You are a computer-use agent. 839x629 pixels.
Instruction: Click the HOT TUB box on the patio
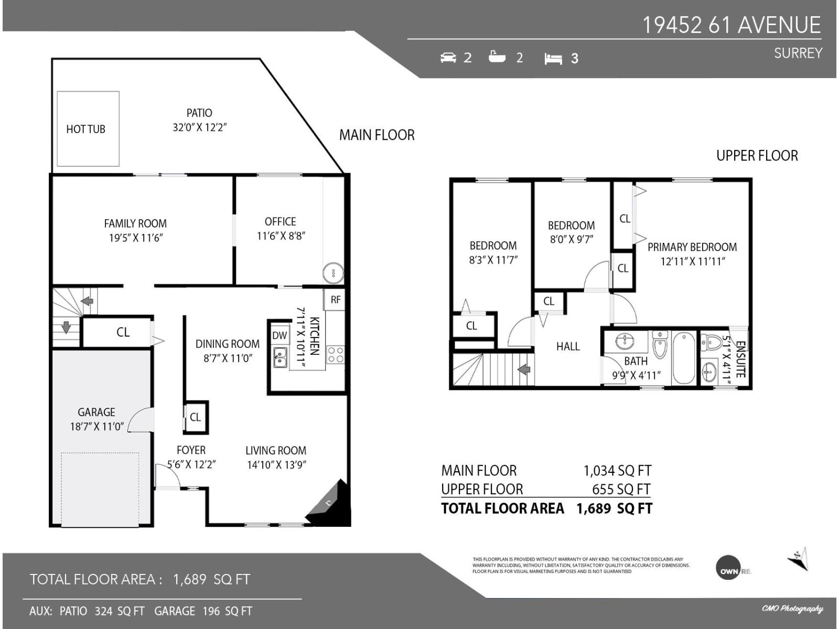[88, 129]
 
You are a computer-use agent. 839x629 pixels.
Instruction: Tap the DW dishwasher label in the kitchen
[279, 335]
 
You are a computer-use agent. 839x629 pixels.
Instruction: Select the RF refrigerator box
[335, 300]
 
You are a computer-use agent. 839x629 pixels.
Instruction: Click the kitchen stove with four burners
[335, 355]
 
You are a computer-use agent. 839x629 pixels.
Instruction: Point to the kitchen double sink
[280, 357]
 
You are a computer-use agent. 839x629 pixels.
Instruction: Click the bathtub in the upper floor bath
[683, 358]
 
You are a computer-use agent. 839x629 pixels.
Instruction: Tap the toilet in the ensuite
[712, 342]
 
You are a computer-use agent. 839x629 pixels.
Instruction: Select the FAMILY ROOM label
[135, 224]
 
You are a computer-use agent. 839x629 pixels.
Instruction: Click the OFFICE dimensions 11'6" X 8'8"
[281, 236]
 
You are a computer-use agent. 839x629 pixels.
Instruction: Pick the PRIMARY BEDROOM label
[692, 247]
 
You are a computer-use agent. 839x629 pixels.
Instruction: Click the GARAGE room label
[96, 412]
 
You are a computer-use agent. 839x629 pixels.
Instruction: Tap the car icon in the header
[448, 58]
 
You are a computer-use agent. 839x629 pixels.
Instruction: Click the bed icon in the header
[553, 59]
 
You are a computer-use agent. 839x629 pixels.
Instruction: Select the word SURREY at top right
[798, 53]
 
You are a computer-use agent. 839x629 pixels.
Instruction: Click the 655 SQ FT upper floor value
[621, 489]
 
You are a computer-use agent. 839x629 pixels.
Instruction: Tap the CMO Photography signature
[792, 608]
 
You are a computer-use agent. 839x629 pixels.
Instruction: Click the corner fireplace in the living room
[330, 505]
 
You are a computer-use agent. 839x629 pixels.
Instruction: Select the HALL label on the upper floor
[568, 346]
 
